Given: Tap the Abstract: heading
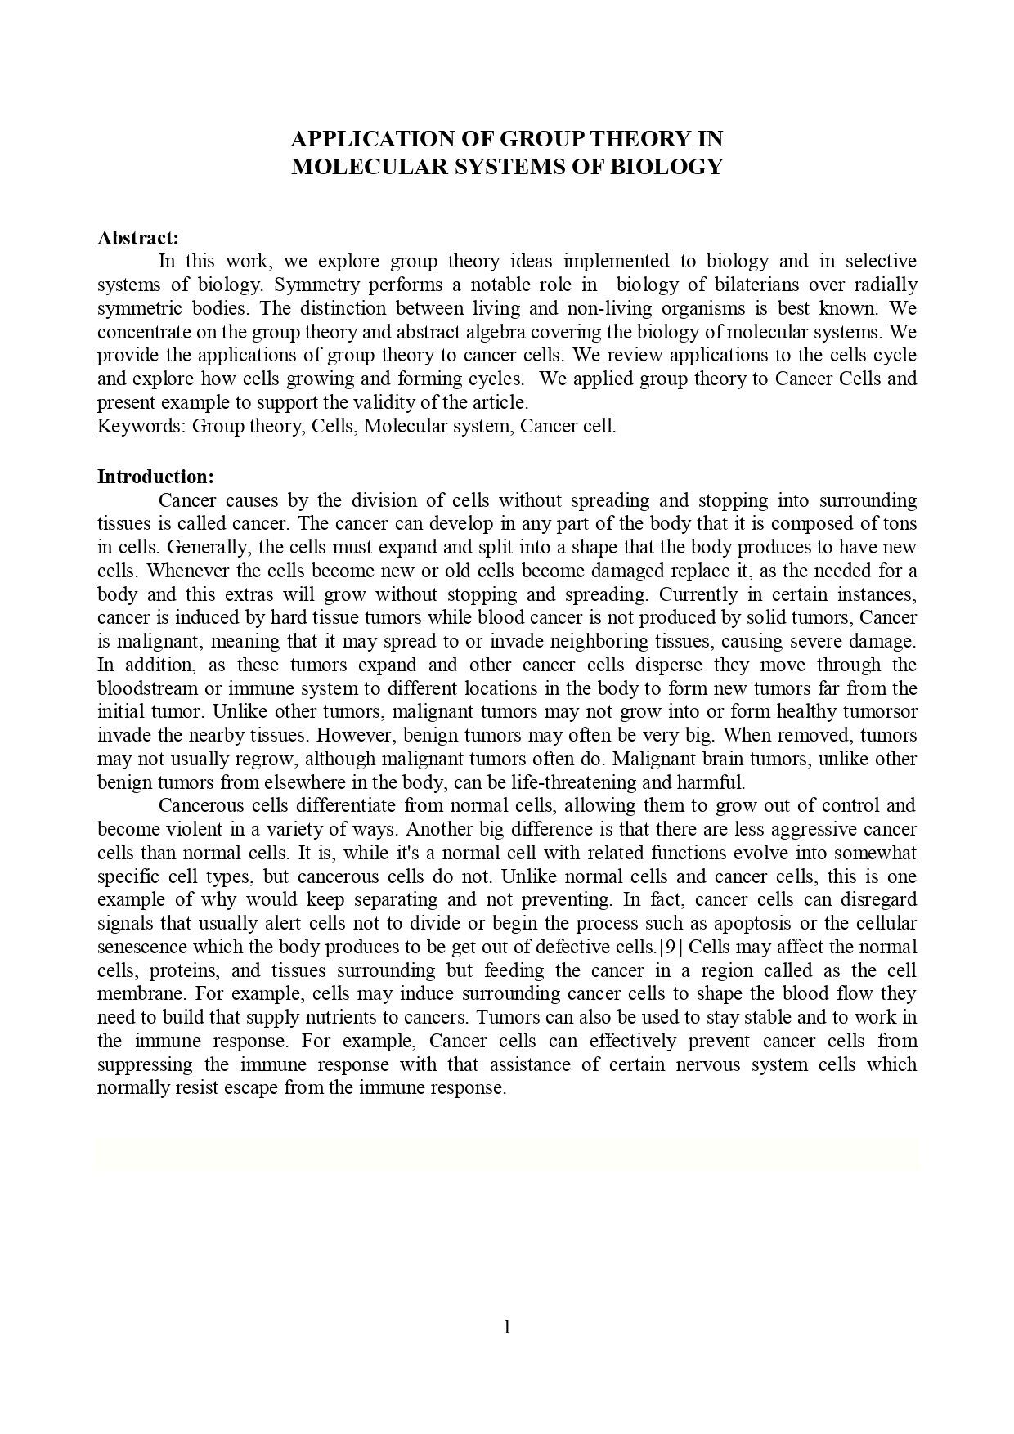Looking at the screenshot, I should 137,238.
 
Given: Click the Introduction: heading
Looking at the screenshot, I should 155,477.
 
